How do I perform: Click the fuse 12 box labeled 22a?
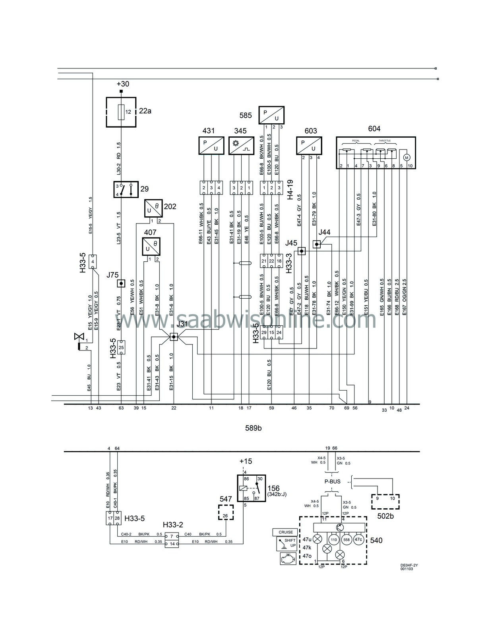point(121,112)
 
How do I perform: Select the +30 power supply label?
point(122,84)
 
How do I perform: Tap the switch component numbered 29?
point(125,190)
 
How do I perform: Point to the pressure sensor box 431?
point(211,146)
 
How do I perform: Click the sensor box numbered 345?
point(241,146)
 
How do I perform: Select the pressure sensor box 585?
point(272,115)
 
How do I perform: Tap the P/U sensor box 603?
point(309,146)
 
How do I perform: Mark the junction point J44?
point(316,244)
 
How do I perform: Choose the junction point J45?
point(302,251)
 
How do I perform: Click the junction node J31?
point(173,337)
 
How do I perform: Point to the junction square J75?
point(121,283)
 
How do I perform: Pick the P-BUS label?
point(333,482)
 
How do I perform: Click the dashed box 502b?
point(385,502)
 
